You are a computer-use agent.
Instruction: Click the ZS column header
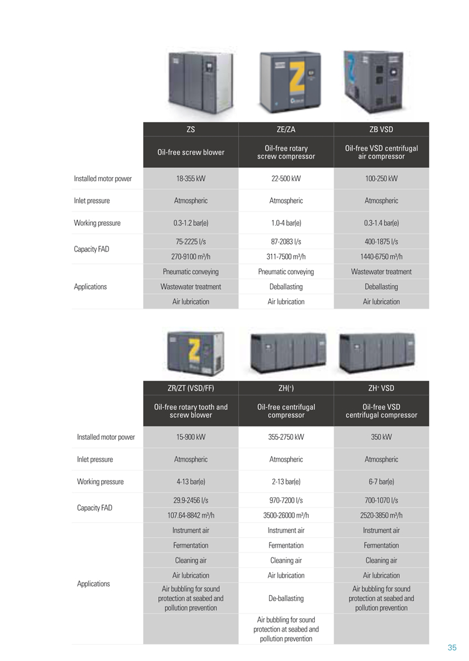point(191,130)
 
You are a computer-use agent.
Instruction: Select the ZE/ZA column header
point(286,130)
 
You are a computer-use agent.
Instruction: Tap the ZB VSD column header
point(381,130)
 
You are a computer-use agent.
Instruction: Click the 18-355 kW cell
point(191,178)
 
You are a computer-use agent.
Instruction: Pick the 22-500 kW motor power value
point(286,178)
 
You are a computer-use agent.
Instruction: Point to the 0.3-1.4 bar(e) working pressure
point(381,223)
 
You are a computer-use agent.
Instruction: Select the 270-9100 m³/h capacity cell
point(191,256)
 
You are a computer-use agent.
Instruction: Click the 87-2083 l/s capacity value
point(286,242)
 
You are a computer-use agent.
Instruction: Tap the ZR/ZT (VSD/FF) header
point(191,388)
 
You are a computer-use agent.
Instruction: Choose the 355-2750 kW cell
point(286,437)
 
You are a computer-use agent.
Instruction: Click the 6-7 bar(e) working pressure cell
point(381,482)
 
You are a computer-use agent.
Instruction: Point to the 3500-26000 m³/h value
point(286,515)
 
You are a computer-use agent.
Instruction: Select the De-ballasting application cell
point(286,598)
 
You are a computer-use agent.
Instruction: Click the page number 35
point(452,648)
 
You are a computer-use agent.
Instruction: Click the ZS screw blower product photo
point(200,83)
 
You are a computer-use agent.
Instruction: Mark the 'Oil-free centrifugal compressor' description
point(286,411)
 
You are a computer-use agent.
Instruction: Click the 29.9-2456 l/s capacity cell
point(191,500)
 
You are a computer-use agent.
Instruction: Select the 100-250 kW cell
point(381,178)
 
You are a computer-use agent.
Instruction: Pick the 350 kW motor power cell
point(381,437)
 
